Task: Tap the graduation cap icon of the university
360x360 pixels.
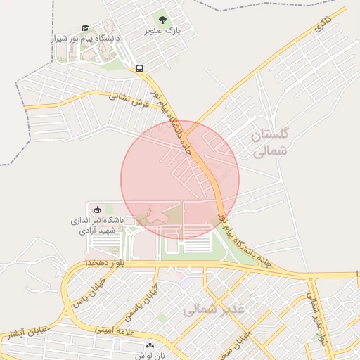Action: tap(86, 27)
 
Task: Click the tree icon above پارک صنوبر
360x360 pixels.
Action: tap(163, 20)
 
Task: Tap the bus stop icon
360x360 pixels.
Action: tap(139, 69)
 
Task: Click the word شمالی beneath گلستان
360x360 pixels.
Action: tap(269, 150)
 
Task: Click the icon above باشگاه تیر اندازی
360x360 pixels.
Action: tap(97, 209)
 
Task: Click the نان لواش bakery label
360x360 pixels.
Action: tap(149, 356)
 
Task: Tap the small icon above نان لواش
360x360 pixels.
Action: tap(149, 345)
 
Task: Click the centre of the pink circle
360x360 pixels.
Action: tap(180, 180)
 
